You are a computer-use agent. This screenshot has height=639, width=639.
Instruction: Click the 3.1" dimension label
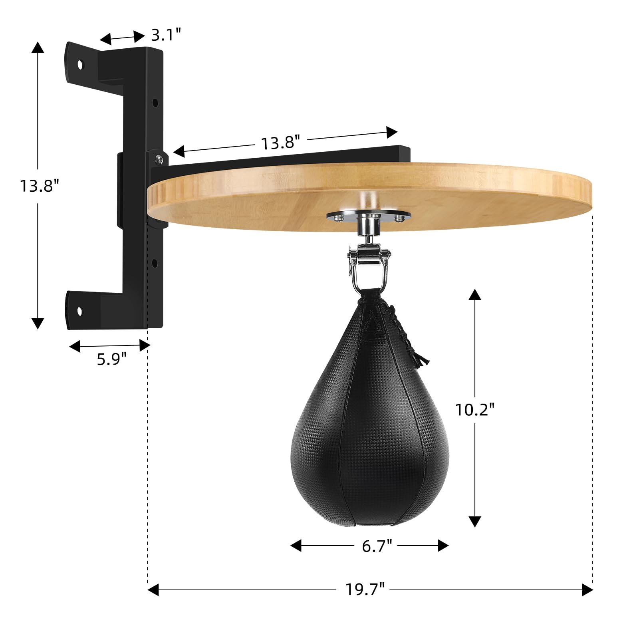click(x=166, y=35)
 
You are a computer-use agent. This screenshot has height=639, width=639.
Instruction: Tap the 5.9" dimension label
click(x=111, y=359)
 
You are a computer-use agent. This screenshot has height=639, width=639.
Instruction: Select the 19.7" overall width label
click(x=365, y=589)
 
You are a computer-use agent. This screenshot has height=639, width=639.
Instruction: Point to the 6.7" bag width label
click(x=377, y=546)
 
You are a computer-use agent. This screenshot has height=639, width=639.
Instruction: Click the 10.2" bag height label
click(x=475, y=409)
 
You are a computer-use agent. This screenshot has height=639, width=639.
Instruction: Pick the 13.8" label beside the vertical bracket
click(x=40, y=186)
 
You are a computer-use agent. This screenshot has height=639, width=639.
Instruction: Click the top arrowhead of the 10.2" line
click(x=474, y=295)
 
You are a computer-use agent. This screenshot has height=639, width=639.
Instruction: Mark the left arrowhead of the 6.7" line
click(x=296, y=546)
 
